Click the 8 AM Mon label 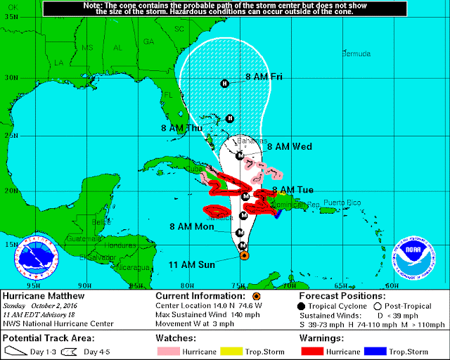(x=192, y=227)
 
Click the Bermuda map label (x=355, y=54)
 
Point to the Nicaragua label (x=134, y=267)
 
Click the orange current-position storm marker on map (x=243, y=256)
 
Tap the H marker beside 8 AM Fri (x=224, y=84)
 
